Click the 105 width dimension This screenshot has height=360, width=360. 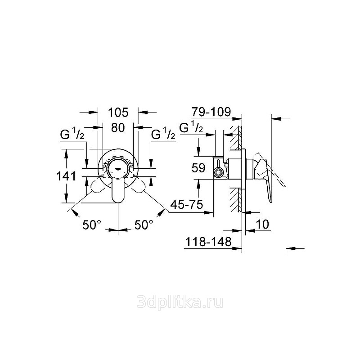coord(118,112)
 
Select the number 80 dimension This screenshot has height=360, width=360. coord(118,128)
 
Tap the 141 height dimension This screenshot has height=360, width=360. coord(66,176)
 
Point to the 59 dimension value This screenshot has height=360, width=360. coord(198,168)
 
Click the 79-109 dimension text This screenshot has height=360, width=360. coord(211,112)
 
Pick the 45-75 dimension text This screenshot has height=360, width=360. coord(186,204)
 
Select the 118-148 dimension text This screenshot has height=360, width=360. coord(208,242)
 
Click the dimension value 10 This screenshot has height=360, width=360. coord(262,224)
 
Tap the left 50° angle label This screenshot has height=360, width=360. coord(92,225)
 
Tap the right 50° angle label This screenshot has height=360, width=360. coord(144,225)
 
